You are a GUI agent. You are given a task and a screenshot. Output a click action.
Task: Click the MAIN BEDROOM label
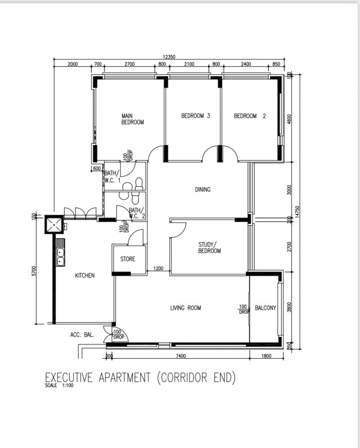(x=132, y=119)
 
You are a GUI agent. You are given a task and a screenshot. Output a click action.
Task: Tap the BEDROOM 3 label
(x=196, y=116)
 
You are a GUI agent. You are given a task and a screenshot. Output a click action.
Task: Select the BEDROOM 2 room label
(x=250, y=116)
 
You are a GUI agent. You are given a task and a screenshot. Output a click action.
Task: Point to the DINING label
(x=202, y=189)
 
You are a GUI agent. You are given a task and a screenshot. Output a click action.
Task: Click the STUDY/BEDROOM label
(x=209, y=248)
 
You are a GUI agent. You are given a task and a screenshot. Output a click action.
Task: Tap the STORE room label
(x=128, y=259)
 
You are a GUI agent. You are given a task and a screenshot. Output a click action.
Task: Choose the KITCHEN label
(x=84, y=275)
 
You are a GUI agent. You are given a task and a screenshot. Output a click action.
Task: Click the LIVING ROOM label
(x=186, y=307)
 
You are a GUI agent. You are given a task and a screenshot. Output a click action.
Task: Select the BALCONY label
(x=265, y=307)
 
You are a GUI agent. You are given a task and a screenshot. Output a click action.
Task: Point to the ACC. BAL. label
(x=82, y=334)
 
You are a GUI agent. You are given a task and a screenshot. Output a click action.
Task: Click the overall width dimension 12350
(x=169, y=57)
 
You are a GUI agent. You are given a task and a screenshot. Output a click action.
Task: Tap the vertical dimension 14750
(x=297, y=212)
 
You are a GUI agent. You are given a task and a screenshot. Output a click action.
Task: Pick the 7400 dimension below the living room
(x=181, y=356)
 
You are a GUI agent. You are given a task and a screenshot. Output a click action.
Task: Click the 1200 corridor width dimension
(x=159, y=268)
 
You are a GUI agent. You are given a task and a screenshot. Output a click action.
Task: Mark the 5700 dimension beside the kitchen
(x=34, y=270)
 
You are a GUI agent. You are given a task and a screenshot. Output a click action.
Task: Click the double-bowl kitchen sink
(x=60, y=252)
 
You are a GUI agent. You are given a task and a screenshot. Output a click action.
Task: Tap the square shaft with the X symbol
(x=54, y=224)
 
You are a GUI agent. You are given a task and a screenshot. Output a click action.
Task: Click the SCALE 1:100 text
(x=59, y=385)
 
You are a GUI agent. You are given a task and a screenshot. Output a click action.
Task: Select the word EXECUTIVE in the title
(x=69, y=377)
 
